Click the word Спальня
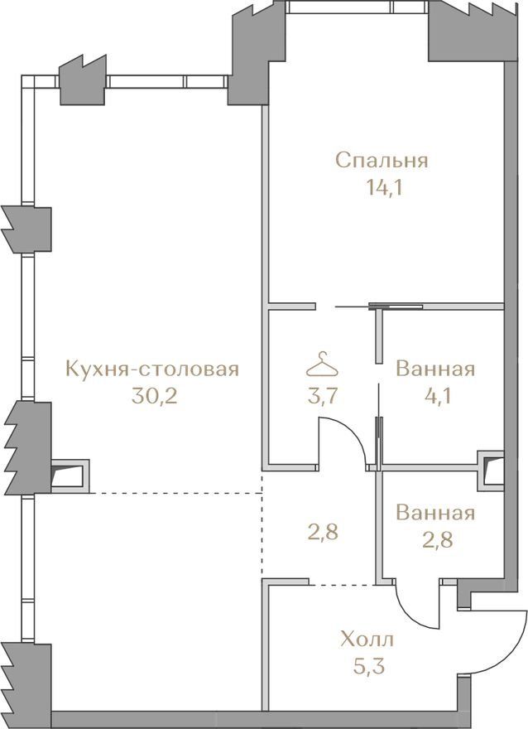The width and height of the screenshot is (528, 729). pos(382,162)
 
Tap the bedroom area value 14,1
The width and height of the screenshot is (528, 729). pos(383,188)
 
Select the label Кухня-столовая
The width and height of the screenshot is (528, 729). pos(153,369)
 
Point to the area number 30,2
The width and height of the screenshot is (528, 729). pos(154,396)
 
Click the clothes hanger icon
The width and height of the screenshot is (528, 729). pos(322,365)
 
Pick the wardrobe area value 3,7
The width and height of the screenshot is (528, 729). pos(324,398)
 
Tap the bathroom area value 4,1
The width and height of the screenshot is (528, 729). pos(435,396)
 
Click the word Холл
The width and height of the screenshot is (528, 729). pos(367,640)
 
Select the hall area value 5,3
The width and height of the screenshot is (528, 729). pos(370,667)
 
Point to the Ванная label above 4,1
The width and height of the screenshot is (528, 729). pos(435,369)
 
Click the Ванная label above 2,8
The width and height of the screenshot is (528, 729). pos(435,514)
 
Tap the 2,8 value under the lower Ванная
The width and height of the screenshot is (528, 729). pos(437,540)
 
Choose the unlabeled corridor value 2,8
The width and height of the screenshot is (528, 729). pos(324,531)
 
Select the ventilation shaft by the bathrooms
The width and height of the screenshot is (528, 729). pos(492,471)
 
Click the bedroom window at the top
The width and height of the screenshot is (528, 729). pos(356,7)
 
